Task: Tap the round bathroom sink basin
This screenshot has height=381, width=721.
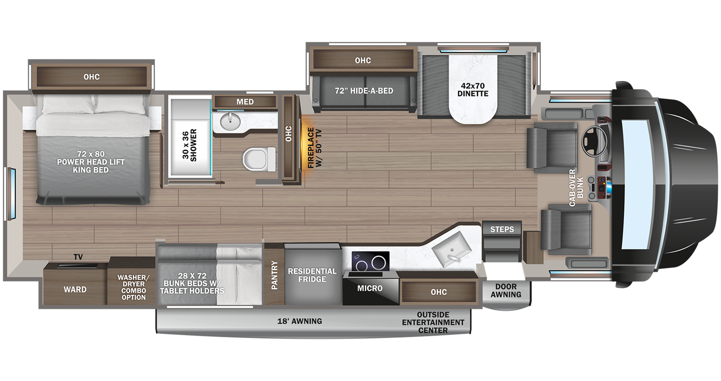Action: pyautogui.click(x=230, y=119)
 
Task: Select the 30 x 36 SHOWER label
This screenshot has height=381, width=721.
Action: pyautogui.click(x=190, y=145)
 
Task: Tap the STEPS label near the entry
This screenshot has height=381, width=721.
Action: pyautogui.click(x=502, y=229)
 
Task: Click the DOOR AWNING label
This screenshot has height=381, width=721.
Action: pyautogui.click(x=506, y=290)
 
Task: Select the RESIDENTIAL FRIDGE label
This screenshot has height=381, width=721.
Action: pyautogui.click(x=312, y=275)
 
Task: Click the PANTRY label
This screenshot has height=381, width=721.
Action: pyautogui.click(x=274, y=275)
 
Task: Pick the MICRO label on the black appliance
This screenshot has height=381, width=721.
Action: pyautogui.click(x=370, y=288)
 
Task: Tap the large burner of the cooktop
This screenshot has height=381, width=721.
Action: pyautogui.click(x=379, y=263)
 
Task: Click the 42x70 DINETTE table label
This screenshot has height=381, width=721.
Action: pyautogui.click(x=473, y=90)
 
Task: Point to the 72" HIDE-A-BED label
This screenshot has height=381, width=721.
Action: pyautogui.click(x=364, y=91)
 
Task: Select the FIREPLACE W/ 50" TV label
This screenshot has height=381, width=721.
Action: pyautogui.click(x=314, y=148)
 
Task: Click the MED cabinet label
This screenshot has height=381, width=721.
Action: pyautogui.click(x=245, y=102)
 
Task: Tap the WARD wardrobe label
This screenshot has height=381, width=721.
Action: pyautogui.click(x=75, y=290)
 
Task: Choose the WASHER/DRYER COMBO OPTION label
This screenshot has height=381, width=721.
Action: pyautogui.click(x=133, y=287)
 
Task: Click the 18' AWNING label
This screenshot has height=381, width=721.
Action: pyautogui.click(x=300, y=321)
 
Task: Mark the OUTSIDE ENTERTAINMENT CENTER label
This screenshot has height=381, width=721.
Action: pyautogui.click(x=433, y=322)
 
